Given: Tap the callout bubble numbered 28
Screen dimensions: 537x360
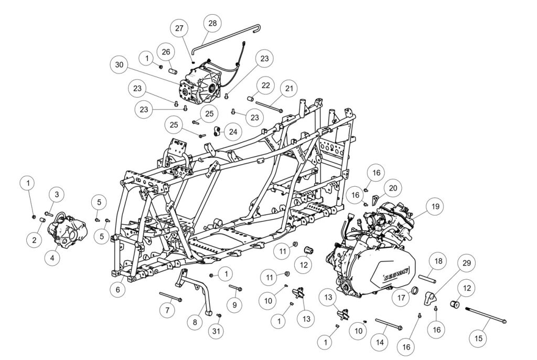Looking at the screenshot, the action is tap(212, 23).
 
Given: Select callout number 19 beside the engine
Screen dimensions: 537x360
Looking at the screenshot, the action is tap(435, 206).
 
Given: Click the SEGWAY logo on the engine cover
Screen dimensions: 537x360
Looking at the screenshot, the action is tap(392, 277).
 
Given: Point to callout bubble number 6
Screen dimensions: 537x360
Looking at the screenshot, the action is tap(118, 290).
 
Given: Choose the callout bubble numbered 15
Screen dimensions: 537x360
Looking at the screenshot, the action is tap(479, 338).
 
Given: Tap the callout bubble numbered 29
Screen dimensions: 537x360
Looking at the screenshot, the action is tap(466, 263).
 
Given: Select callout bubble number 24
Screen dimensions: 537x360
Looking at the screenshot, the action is tap(233, 132).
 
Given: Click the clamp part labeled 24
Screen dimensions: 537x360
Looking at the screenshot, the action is tap(216, 131).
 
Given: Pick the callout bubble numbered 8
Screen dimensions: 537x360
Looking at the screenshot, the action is tap(195, 322).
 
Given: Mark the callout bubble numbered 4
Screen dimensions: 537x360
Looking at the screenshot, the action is tap(52, 257).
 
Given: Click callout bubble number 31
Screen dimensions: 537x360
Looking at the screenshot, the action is tap(217, 332).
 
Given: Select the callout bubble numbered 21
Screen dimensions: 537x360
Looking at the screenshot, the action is tap(289, 89).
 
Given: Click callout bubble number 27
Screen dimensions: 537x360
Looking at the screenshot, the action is tap(179, 28).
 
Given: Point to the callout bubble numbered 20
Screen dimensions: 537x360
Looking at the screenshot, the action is tap(393, 188).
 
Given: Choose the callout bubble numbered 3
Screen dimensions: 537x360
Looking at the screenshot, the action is tap(57, 195).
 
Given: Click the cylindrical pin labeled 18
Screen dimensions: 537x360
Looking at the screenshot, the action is tap(426, 278).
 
